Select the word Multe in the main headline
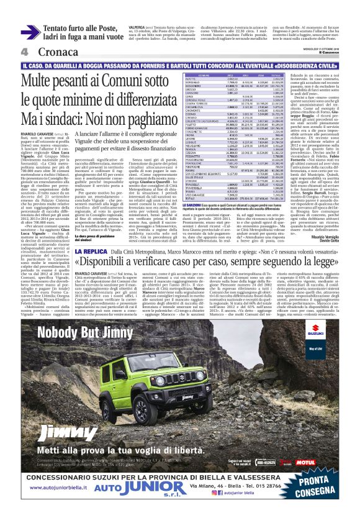pos(40,81)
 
